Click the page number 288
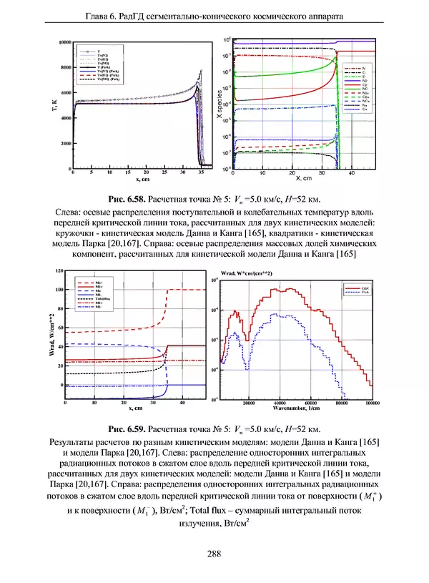pyautogui.click(x=213, y=553)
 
